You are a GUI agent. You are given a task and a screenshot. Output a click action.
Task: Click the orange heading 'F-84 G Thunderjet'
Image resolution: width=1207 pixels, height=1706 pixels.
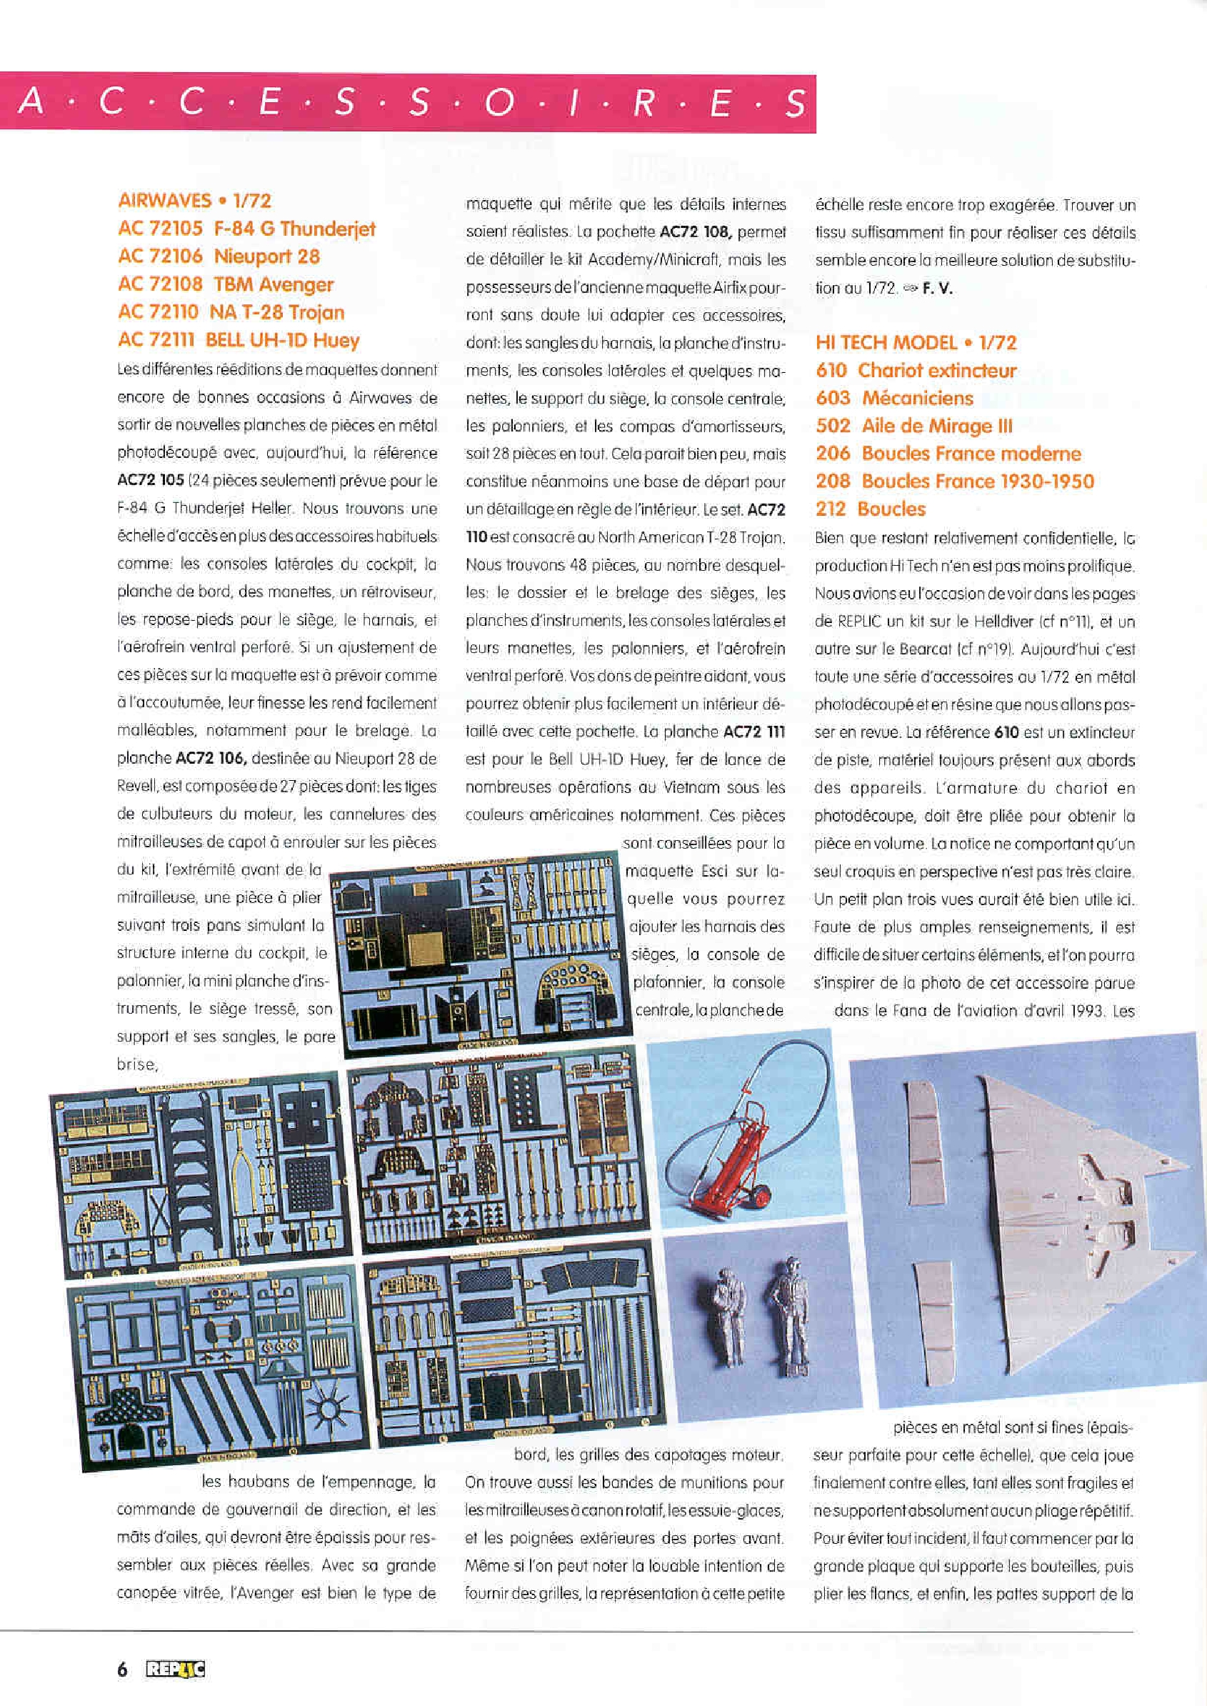point(294,228)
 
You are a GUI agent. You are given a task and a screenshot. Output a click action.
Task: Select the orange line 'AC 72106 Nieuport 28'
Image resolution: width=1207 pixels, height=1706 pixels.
point(219,256)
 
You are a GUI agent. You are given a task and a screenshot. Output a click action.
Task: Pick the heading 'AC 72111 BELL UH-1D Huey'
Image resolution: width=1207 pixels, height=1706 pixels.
point(238,340)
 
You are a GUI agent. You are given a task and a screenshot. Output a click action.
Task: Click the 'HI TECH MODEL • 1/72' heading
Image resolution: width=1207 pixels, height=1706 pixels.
point(915,343)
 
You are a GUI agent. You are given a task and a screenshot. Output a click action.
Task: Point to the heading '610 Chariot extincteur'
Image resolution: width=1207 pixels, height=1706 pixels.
point(915,370)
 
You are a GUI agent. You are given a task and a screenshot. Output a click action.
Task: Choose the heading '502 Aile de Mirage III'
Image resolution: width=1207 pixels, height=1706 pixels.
point(913,426)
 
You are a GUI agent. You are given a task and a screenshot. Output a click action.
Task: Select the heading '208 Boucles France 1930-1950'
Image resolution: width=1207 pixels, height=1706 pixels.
point(954,481)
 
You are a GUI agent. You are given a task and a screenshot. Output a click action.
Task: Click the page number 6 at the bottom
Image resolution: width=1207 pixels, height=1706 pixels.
point(122,1670)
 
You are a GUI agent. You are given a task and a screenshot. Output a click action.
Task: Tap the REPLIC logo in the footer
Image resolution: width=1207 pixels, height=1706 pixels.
point(176,1670)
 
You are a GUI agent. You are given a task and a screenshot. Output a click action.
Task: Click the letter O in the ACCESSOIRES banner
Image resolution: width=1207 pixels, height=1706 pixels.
point(499,103)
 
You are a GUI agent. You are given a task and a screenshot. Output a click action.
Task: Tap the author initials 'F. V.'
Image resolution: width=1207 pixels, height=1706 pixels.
point(937,289)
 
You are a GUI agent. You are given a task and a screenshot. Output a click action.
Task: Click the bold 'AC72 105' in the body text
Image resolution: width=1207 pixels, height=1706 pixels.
point(150,480)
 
